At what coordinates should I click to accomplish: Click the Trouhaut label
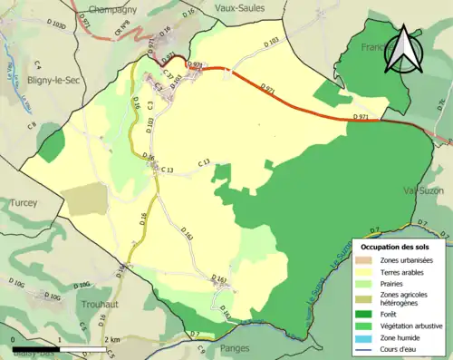[101, 305]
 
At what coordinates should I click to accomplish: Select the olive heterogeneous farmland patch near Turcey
[86, 199]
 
